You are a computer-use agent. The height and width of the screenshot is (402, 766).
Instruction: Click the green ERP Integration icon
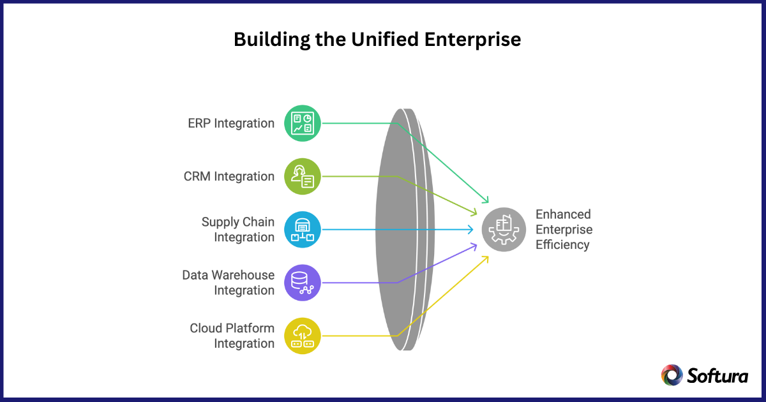click(302, 123)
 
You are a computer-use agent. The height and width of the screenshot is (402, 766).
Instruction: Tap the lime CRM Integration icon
click(302, 176)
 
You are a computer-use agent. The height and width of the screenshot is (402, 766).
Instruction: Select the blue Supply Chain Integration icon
click(302, 229)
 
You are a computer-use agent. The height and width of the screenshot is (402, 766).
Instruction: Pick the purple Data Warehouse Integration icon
click(302, 283)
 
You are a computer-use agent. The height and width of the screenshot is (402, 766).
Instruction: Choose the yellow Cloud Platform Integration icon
click(302, 336)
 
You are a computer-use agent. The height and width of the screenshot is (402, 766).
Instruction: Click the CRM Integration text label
click(229, 176)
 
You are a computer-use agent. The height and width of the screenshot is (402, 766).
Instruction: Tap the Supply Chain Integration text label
click(237, 230)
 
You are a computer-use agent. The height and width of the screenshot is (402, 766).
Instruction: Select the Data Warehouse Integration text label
click(228, 283)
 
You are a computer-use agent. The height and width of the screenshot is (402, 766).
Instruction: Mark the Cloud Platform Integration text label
click(232, 336)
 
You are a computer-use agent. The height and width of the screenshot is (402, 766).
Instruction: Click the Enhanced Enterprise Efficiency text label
click(564, 229)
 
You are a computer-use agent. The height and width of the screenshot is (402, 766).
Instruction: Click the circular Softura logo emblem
click(672, 375)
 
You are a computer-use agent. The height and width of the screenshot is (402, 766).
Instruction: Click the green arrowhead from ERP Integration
click(486, 200)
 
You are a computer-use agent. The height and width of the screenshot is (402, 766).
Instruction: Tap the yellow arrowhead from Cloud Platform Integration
click(486, 258)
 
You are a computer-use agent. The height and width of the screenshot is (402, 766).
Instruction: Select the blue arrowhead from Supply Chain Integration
click(470, 229)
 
